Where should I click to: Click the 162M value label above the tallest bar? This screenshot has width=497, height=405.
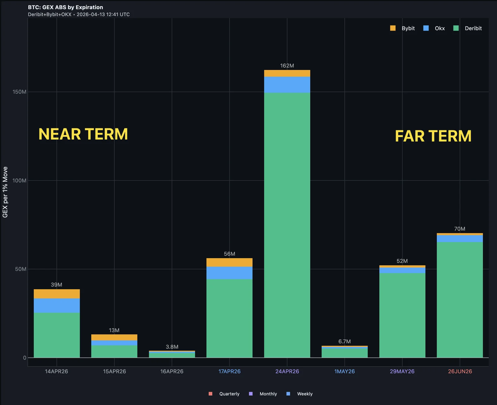point(287,66)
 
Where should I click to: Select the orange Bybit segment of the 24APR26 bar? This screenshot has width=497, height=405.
point(287,74)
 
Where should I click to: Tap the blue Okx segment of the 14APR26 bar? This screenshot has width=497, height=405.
point(57,305)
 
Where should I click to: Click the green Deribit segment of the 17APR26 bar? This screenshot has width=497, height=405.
point(229,318)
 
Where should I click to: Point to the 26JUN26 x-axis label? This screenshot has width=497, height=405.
point(460,371)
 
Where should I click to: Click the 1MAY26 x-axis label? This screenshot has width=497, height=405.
point(344,371)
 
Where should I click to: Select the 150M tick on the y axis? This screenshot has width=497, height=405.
point(19,92)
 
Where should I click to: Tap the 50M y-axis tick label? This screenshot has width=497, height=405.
point(21,269)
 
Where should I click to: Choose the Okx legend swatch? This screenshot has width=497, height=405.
point(426,28)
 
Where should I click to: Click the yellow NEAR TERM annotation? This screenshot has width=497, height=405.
point(83,134)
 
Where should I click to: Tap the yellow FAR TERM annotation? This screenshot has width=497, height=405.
point(433,136)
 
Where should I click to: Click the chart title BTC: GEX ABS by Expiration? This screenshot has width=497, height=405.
point(65,7)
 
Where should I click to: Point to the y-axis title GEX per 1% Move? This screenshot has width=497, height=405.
point(5,192)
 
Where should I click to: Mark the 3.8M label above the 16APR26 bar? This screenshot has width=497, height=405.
point(172,347)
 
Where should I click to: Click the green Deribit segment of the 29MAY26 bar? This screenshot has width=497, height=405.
point(402,315)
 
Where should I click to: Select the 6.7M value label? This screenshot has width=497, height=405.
point(344,342)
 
